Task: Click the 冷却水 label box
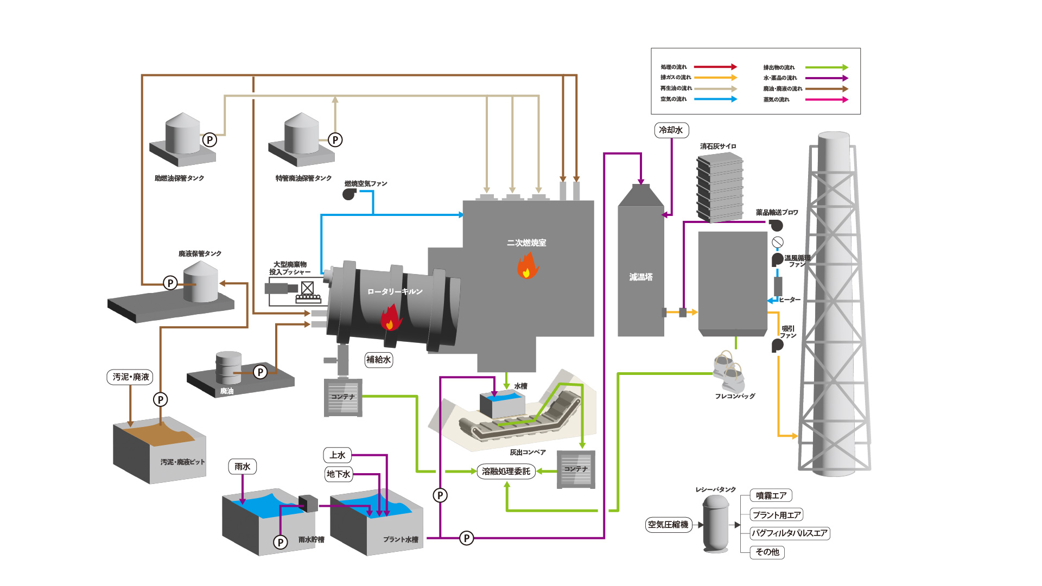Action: [x=671, y=130]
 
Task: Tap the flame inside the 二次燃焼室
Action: [x=527, y=266]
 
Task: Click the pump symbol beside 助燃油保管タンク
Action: [x=209, y=140]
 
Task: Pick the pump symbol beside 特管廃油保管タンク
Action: [x=335, y=140]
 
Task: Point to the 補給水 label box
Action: [x=378, y=360]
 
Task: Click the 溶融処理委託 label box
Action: [x=506, y=472]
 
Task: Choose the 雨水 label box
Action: [x=242, y=467]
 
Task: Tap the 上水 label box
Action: [x=337, y=455]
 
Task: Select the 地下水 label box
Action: [x=338, y=474]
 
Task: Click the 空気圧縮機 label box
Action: [x=668, y=525]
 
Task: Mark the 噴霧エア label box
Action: [x=771, y=495]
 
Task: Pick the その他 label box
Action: [x=767, y=552]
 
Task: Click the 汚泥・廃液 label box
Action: [x=130, y=377]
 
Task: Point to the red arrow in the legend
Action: [x=715, y=67]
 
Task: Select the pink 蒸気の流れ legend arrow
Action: [x=826, y=100]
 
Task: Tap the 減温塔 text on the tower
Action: [x=641, y=277]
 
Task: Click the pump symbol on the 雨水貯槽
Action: [x=281, y=542]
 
